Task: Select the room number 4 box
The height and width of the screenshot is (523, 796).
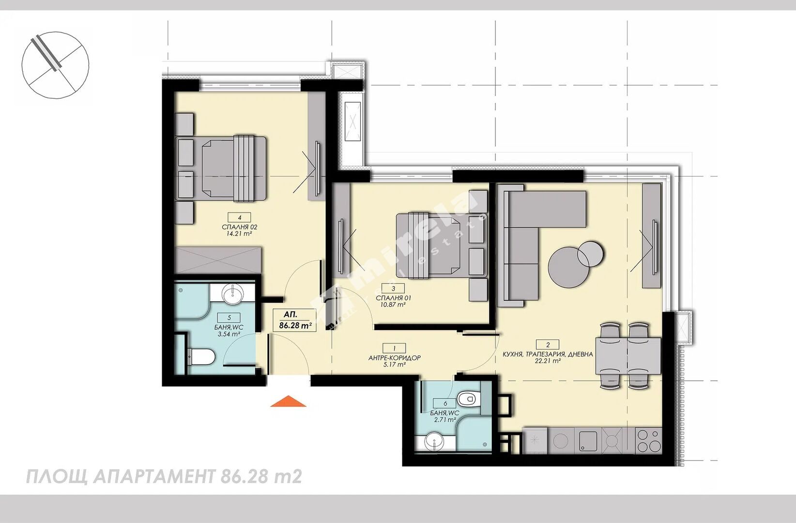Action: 240,217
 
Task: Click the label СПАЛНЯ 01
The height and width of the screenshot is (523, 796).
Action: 394,298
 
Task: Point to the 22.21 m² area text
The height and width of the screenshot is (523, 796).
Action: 548,361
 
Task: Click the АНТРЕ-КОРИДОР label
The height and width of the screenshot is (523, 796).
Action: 395,358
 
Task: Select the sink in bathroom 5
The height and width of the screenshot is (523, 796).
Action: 233,294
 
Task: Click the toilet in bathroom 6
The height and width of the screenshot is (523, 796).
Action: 469,399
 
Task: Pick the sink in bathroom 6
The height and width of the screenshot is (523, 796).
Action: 434,442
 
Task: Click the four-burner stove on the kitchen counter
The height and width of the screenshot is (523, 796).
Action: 648,441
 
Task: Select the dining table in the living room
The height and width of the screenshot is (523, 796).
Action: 628,356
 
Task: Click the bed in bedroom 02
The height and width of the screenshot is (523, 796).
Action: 221,169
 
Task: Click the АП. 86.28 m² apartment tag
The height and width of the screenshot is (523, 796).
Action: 294,320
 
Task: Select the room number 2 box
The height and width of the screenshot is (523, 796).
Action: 548,344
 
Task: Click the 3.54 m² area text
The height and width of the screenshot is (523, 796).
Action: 229,334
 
